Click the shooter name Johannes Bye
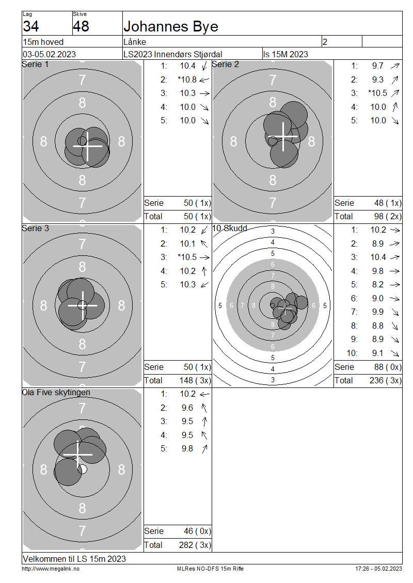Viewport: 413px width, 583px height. point(171,27)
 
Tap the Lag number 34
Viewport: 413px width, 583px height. point(31,26)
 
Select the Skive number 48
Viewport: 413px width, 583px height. point(81,26)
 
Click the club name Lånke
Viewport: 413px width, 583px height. point(135,42)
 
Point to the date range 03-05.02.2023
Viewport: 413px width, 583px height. point(50,54)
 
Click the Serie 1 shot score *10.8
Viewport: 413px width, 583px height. point(187,79)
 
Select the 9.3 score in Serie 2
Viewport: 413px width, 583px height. point(378,79)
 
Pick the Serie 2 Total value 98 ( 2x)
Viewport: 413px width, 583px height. point(388,216)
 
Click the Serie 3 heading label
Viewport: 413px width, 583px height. point(35,228)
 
